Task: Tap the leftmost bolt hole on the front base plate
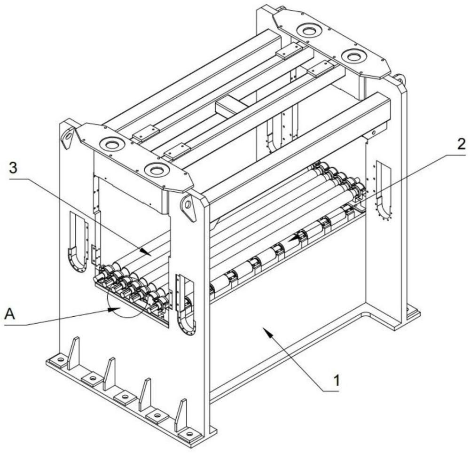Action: pos(60,360)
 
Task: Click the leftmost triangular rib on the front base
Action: pos(73,352)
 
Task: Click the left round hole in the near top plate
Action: pos(112,144)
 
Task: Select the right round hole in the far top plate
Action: pos(353,57)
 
